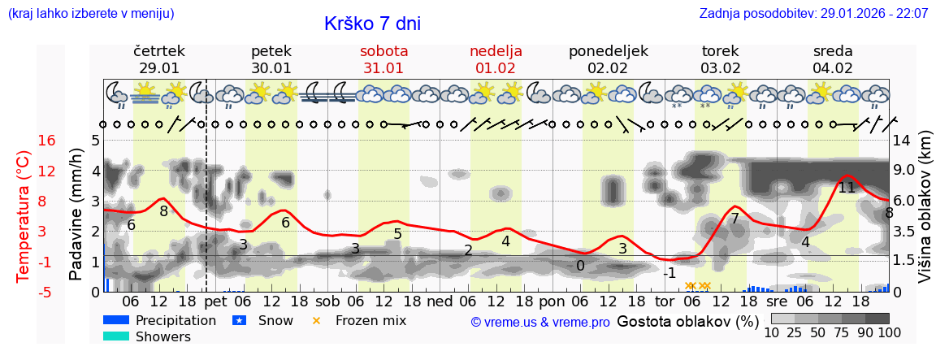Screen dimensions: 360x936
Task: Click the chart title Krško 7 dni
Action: (x=372, y=24)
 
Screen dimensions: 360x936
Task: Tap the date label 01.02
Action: (x=496, y=68)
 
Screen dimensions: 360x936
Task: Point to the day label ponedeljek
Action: (x=608, y=50)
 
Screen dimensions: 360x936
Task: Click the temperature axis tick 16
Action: (x=47, y=141)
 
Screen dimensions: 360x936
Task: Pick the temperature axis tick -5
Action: (x=47, y=292)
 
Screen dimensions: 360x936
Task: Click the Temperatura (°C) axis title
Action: (x=24, y=216)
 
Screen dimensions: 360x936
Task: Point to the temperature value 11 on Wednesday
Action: (x=847, y=188)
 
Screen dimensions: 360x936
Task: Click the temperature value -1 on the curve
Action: (x=669, y=273)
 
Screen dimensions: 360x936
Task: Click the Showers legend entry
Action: (x=163, y=336)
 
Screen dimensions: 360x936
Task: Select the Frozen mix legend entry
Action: (x=370, y=320)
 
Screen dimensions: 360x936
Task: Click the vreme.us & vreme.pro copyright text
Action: (x=540, y=322)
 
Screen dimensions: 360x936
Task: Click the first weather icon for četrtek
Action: (x=118, y=92)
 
